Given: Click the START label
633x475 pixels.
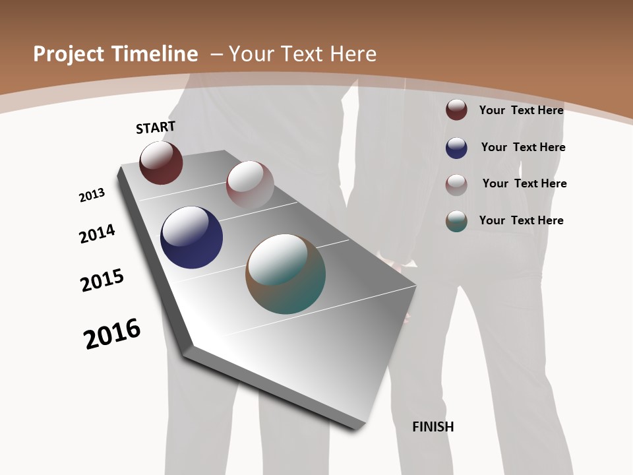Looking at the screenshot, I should [156, 127].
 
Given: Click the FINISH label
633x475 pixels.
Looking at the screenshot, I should [433, 427].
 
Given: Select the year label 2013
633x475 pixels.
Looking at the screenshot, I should [92, 195].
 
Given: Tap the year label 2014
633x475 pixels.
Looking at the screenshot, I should [97, 234].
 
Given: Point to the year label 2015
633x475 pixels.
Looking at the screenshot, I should [102, 280].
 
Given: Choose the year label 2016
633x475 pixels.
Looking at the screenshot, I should [112, 334].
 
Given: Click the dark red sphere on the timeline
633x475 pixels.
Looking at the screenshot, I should [161, 163].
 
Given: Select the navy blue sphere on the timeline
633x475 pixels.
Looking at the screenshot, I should [191, 237].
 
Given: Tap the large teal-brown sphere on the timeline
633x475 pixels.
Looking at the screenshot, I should [286, 274].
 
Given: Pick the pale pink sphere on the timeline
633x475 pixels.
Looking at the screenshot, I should [250, 185].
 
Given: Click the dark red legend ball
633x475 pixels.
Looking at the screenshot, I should [456, 110].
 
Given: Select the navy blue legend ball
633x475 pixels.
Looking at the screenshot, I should [456, 148].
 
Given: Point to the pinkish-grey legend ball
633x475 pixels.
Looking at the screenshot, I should [456, 185].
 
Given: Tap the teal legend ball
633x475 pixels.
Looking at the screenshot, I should [456, 221].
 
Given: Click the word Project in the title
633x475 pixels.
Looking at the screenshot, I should [67, 54].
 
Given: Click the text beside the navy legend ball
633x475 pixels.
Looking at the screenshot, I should [523, 147].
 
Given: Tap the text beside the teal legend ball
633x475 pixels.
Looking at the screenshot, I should [521, 220].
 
